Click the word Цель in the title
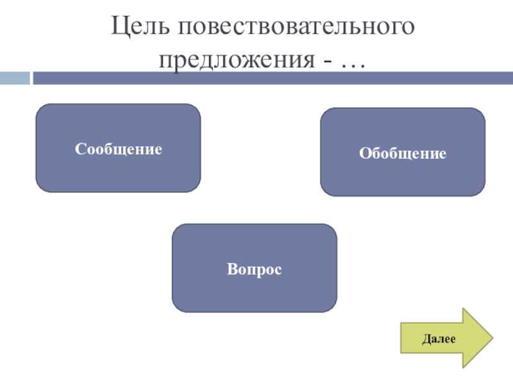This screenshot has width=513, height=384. coord(139,28)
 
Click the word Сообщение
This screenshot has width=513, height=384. coord(118,149)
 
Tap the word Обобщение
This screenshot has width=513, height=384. coord(403,154)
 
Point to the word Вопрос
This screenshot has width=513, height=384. coord(255,269)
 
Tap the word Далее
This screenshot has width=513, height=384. coord(438,339)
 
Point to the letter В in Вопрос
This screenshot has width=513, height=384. coord(230,269)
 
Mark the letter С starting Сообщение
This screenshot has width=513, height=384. coord(80,149)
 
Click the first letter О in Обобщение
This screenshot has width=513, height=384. coord(364,154)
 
